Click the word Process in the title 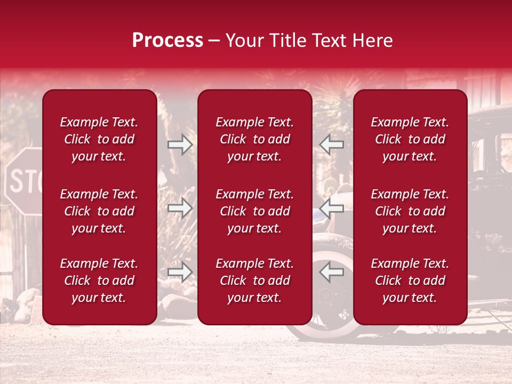point(167,41)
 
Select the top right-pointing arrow point(180,145)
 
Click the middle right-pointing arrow point(180,208)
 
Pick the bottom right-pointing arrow point(180,272)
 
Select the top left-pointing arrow point(332,145)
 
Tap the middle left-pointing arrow point(332,208)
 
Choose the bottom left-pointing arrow point(332,272)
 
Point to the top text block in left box point(99,139)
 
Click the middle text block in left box point(99,211)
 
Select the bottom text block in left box point(99,281)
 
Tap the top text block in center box point(255,139)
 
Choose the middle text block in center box point(255,211)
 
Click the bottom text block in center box point(255,281)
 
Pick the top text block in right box point(410,139)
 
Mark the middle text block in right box point(410,211)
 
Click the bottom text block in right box point(410,281)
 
